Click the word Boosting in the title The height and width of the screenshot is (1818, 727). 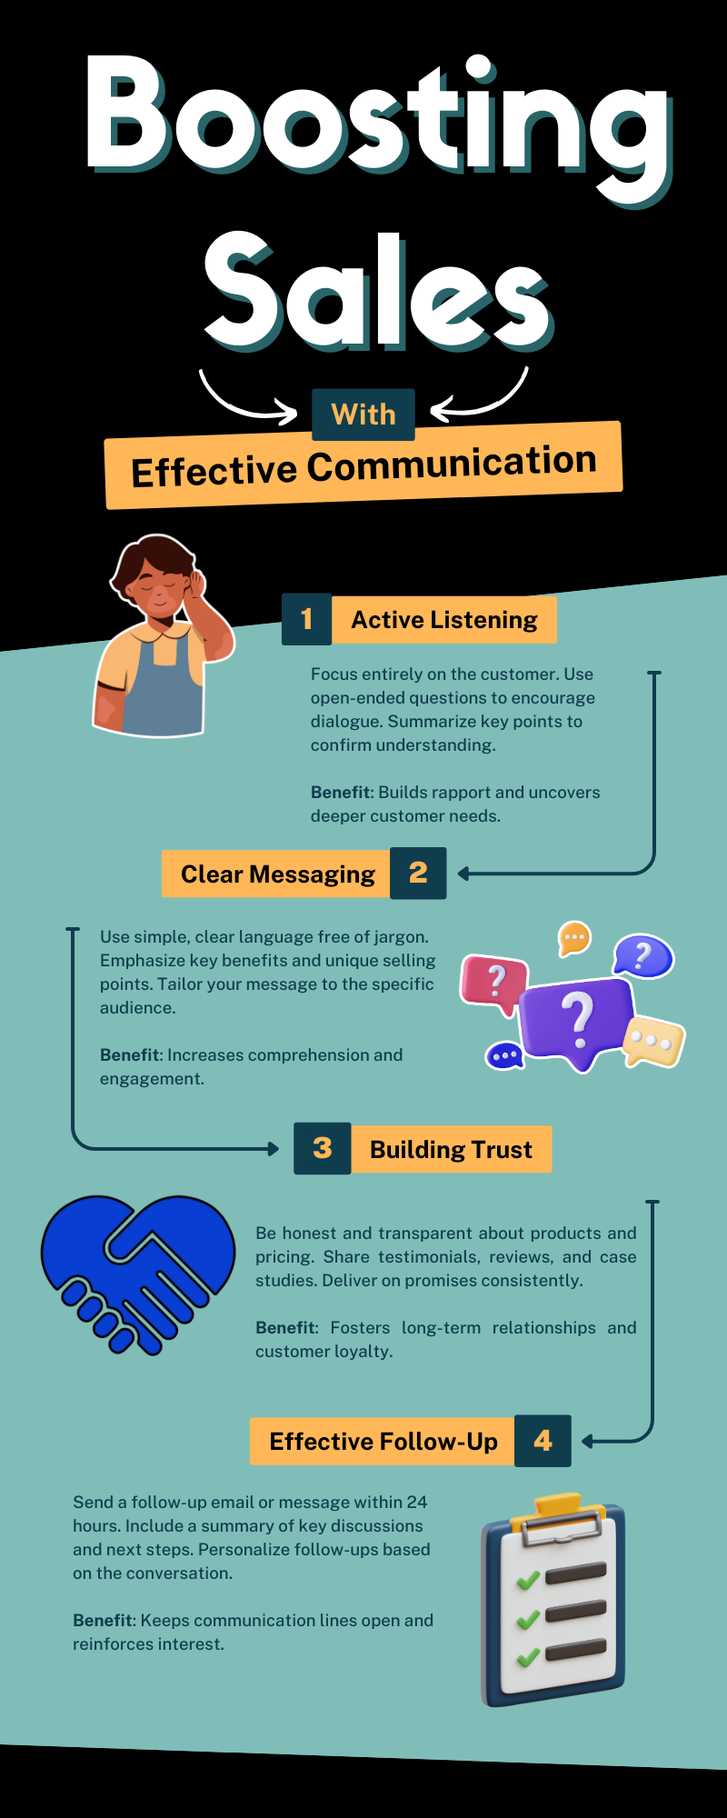pos(377,118)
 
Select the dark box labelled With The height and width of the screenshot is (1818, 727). pos(363,415)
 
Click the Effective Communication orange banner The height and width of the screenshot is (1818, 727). pos(363,465)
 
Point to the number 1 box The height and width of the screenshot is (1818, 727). pos(306,619)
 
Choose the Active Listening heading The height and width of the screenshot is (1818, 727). pos(444,620)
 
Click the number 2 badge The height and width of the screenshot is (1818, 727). pos(418,874)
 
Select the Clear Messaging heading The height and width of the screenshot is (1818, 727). pos(277,874)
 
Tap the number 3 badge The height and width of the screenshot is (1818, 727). pos(322,1149)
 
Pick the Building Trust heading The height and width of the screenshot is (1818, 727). pos(451,1150)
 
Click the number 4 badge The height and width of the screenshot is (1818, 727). pos(543,1441)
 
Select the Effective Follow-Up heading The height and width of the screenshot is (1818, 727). pos(383,1442)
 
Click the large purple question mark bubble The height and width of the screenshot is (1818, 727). pos(576,1019)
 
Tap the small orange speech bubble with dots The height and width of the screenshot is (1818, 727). pos(574,937)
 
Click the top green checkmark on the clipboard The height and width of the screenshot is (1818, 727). pos(528,1581)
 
